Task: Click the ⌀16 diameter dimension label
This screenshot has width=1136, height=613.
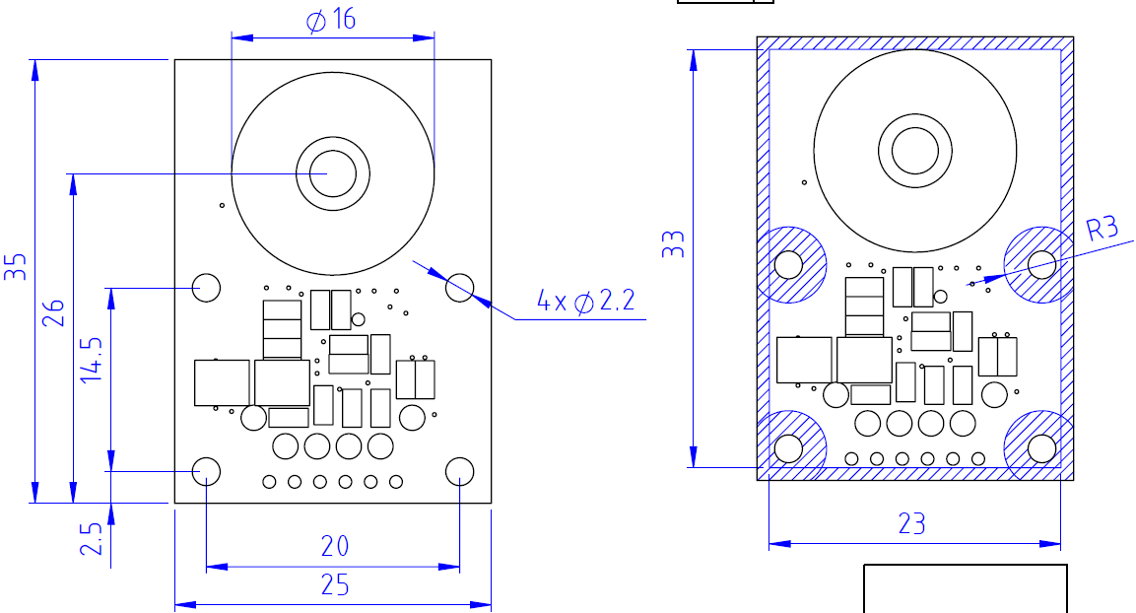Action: pos(331,20)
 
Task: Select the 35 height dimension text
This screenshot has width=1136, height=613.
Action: pos(16,267)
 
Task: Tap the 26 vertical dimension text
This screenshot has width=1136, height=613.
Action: pos(54,312)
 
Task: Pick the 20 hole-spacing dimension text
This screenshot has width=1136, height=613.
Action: pos(335,546)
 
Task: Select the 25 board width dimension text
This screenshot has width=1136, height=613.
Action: pos(335,585)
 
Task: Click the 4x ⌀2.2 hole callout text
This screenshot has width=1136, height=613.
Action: pos(586,302)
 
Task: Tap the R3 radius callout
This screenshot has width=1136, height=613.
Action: pos(1103,230)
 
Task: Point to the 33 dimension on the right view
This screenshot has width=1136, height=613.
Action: pos(673,244)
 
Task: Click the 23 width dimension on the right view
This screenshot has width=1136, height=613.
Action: pos(912,523)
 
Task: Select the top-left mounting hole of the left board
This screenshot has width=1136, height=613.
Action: pos(206,287)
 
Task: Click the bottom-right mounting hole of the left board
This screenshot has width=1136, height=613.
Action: pos(460,471)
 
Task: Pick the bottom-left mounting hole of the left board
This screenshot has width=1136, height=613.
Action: pos(206,471)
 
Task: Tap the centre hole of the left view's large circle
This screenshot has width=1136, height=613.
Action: pos(333,173)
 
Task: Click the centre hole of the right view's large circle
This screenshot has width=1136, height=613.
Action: pos(916,151)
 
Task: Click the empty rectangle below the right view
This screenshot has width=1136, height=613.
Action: pos(966,588)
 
